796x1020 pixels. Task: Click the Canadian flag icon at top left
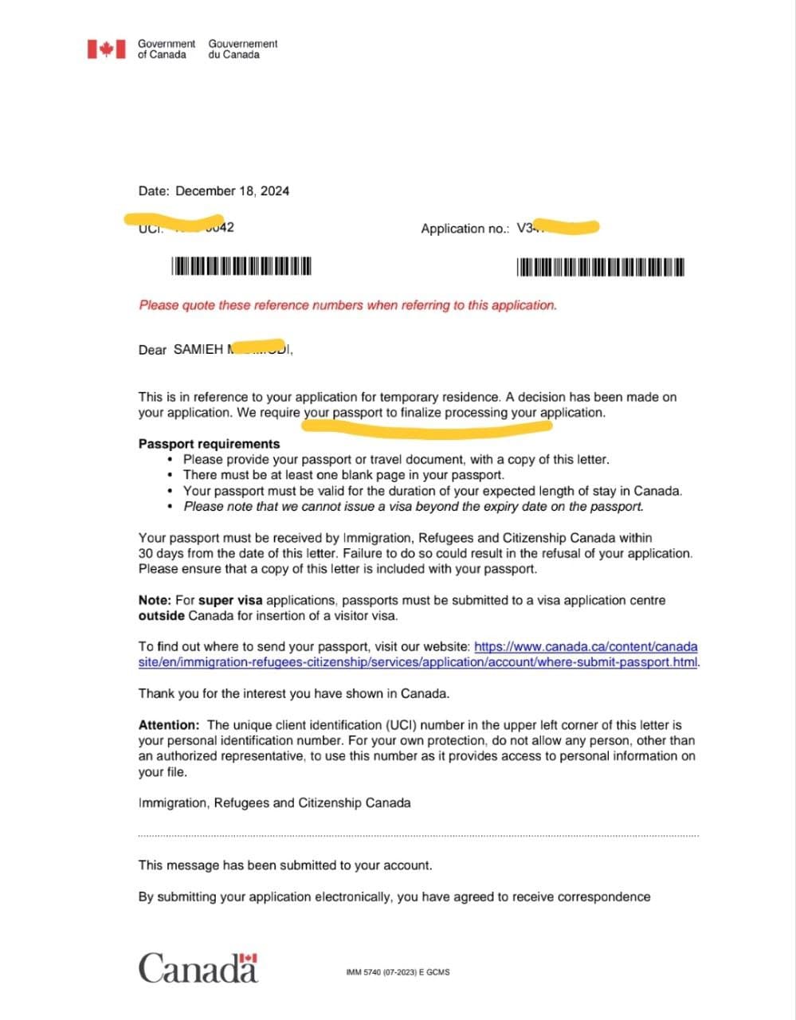click(106, 49)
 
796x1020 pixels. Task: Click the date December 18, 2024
click(232, 191)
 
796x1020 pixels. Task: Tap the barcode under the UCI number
click(241, 266)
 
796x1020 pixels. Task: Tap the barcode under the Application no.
click(601, 267)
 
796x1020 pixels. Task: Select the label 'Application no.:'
click(465, 229)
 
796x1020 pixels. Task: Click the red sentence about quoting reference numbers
click(347, 305)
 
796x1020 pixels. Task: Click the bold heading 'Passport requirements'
click(209, 444)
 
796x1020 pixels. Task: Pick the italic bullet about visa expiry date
click(413, 506)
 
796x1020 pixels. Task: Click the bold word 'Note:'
click(155, 600)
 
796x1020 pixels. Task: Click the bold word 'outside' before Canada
click(162, 615)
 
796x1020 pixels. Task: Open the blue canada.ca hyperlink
click(585, 646)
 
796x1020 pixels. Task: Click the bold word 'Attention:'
click(169, 725)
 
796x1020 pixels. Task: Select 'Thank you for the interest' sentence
click(294, 693)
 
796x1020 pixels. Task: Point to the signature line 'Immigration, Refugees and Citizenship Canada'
click(274, 802)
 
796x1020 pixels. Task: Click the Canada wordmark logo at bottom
click(198, 968)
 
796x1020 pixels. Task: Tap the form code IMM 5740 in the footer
click(398, 972)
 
